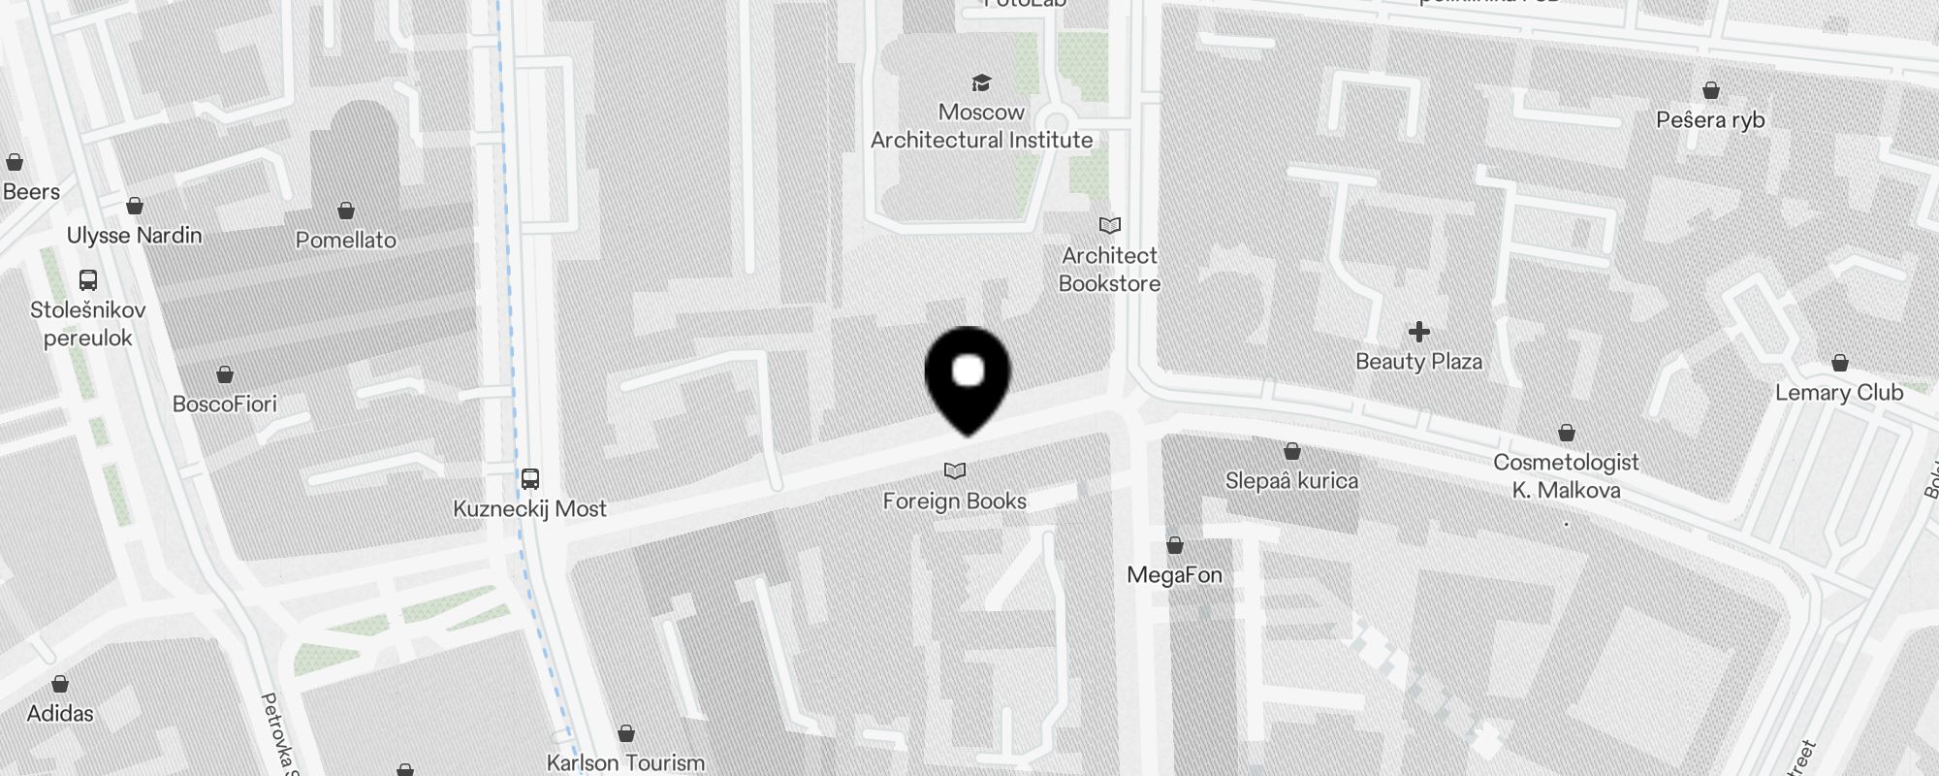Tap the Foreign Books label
click(954, 501)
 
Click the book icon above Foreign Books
click(955, 471)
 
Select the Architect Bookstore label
click(1109, 270)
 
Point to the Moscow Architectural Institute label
click(981, 126)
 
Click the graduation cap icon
click(982, 82)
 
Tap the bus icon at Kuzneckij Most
click(530, 479)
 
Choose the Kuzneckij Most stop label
click(529, 509)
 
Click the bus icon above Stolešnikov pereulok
click(88, 280)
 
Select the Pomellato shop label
click(346, 241)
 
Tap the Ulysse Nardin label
click(135, 236)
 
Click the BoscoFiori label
click(225, 404)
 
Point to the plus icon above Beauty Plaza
click(1419, 333)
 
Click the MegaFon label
click(1174, 575)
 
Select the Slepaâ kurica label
click(1291, 481)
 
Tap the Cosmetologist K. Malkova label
click(1566, 476)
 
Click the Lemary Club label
click(1839, 393)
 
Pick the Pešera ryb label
click(1710, 120)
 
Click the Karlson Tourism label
click(625, 762)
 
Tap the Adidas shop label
click(60, 714)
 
